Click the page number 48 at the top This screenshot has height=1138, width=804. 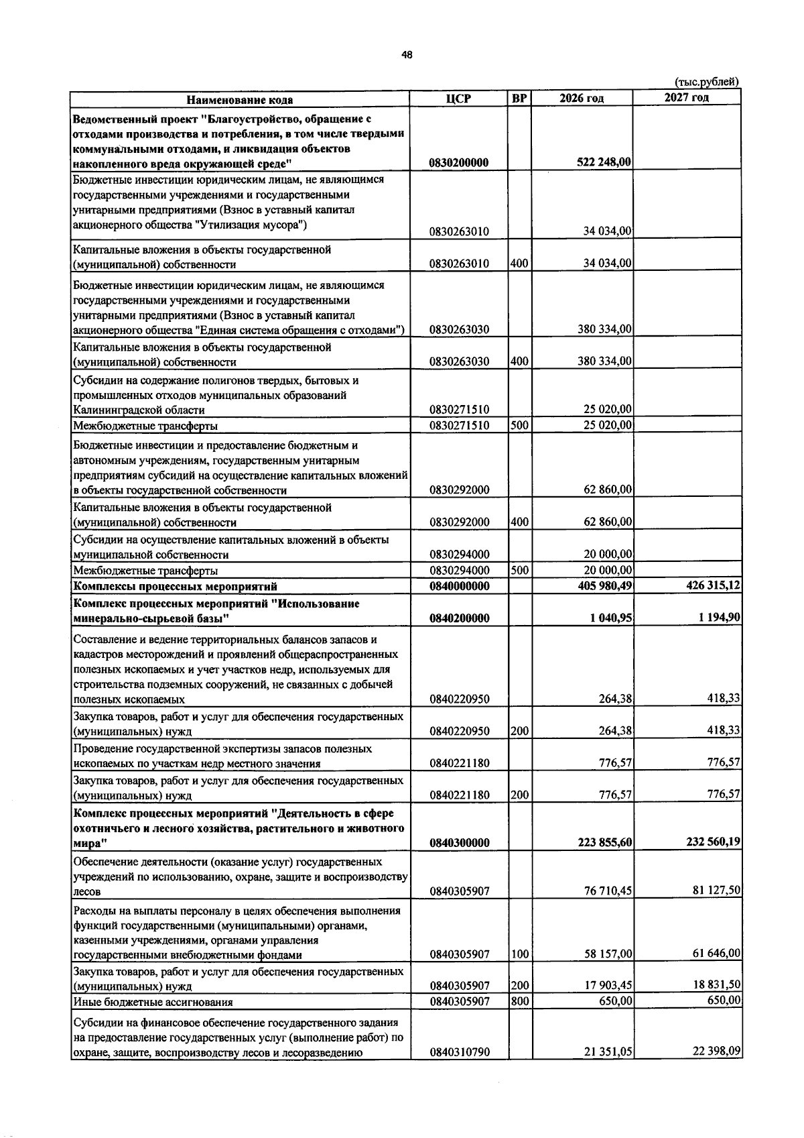point(407,55)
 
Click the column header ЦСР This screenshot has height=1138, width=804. point(458,99)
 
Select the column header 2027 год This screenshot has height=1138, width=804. point(686,98)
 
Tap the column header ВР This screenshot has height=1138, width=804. point(519,99)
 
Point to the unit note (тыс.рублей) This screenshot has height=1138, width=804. point(706,82)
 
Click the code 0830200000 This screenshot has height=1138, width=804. point(459,163)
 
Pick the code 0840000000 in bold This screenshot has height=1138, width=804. point(459,586)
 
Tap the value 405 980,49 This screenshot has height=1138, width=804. point(605,586)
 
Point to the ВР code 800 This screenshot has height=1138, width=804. point(519,1002)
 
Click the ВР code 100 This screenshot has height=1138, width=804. point(519,954)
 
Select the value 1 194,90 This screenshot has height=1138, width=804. point(720,617)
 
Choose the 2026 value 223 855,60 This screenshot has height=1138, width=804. point(605,842)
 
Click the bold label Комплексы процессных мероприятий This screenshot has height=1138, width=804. point(175,587)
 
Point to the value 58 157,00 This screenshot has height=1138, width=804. point(608,954)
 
